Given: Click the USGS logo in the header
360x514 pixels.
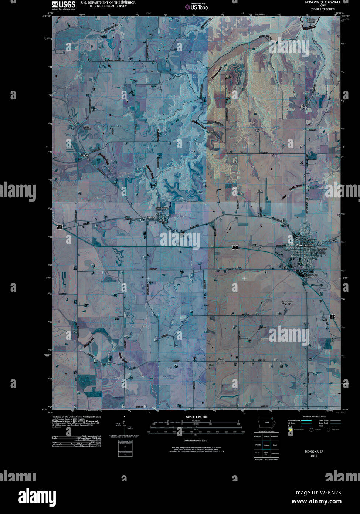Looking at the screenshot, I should point(64,5).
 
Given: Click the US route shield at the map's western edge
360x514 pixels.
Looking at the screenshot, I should point(59,226).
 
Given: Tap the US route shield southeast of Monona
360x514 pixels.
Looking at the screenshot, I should point(332,317).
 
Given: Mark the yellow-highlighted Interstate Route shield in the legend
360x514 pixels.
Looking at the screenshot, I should point(291,430).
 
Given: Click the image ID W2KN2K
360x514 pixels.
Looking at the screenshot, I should point(328,492).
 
